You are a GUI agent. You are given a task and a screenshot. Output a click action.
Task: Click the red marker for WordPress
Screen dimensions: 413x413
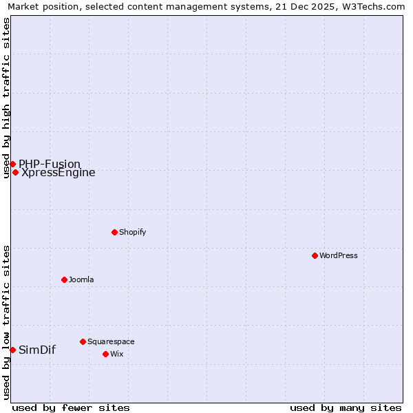(x=315, y=255)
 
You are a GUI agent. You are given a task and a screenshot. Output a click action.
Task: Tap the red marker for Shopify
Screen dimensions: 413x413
(x=114, y=232)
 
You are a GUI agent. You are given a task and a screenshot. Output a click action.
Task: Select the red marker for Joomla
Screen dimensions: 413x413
(x=64, y=279)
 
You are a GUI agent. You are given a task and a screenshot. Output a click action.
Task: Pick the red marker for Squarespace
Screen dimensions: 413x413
(x=83, y=341)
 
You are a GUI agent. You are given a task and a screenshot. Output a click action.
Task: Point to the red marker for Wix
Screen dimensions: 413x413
(x=105, y=354)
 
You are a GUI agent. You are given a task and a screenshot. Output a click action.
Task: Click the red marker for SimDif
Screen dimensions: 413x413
(x=12, y=350)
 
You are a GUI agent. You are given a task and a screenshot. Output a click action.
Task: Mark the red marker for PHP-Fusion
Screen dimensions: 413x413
(x=12, y=164)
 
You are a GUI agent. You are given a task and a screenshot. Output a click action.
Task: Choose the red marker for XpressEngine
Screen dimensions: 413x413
(x=15, y=172)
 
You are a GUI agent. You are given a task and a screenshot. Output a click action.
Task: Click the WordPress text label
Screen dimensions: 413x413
(x=339, y=255)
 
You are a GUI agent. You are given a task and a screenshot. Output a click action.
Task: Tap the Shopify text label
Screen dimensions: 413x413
(x=133, y=232)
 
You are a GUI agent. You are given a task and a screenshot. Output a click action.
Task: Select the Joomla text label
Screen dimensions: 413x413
(x=81, y=279)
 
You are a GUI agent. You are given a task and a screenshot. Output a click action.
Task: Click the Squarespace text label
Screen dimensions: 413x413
(x=111, y=341)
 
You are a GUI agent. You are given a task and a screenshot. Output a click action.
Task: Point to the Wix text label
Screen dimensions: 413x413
(x=117, y=354)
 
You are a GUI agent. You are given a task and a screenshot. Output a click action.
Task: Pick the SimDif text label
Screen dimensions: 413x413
(x=37, y=350)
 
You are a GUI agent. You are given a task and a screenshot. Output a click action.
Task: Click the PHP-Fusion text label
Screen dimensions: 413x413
(x=50, y=164)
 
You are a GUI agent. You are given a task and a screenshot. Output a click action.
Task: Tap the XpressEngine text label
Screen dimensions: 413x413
(x=59, y=173)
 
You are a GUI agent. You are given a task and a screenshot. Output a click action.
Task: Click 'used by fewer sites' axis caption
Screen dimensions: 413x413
(x=71, y=407)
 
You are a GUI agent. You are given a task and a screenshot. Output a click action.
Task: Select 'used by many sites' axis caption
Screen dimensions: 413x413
(x=346, y=407)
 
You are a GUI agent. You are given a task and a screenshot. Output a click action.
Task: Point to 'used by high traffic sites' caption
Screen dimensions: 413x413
(x=7, y=98)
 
